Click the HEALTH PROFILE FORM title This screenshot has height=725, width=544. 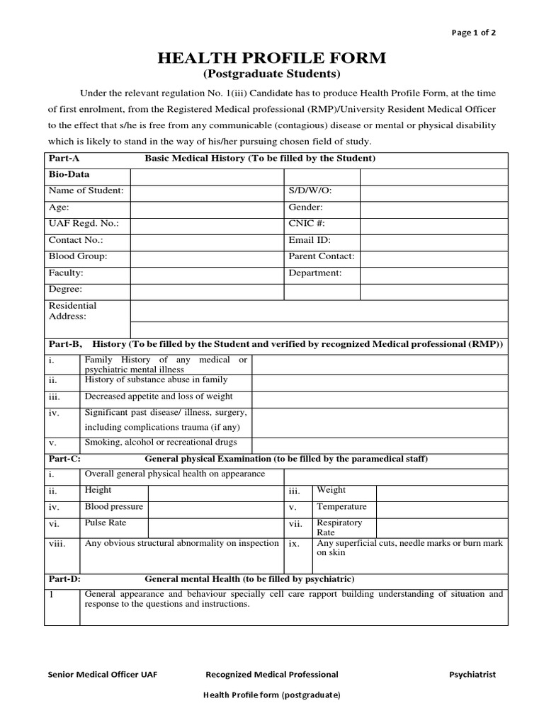point(272,58)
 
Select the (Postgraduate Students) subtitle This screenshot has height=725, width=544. point(272,74)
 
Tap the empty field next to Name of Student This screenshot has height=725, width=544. point(207,191)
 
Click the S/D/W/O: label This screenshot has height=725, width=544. point(310,191)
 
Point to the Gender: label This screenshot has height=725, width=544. point(305,207)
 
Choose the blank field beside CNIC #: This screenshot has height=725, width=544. point(434,224)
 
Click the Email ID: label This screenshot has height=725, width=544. point(310,240)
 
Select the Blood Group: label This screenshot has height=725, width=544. point(77,256)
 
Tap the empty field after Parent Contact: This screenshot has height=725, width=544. point(434,256)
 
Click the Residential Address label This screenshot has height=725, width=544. point(72,311)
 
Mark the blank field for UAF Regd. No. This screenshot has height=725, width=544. point(207,224)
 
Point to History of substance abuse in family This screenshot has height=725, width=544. point(156,380)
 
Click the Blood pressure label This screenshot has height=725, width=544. point(114,507)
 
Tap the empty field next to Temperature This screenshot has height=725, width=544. point(441,508)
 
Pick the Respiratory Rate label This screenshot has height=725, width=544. point(339,527)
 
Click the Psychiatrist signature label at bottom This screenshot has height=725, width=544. point(472,675)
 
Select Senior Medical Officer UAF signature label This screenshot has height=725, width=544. point(102,675)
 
